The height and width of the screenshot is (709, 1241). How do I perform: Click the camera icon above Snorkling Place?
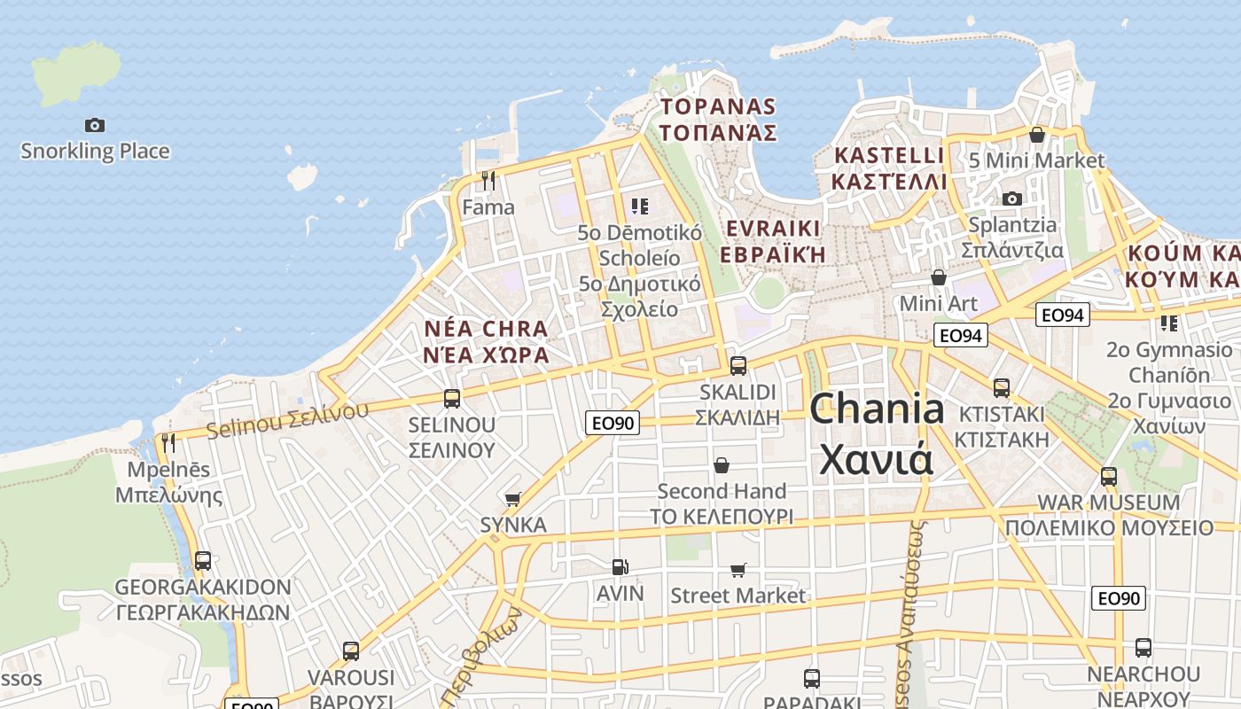(95, 125)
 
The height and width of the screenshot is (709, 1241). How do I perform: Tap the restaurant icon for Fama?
(488, 181)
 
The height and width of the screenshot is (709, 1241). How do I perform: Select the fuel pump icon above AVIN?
(620, 566)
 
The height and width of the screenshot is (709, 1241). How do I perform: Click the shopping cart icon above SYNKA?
(512, 499)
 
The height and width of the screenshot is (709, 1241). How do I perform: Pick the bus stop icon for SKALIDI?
(738, 365)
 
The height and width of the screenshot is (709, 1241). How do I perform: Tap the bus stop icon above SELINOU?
(452, 398)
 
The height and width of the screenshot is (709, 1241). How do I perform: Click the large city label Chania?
(877, 409)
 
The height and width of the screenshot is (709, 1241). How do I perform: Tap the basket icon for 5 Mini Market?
(1036, 135)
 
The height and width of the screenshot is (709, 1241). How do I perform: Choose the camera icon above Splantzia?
(1012, 199)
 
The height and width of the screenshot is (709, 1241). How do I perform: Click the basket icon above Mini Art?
(939, 278)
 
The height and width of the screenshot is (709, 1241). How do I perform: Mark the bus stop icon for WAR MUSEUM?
(1108, 477)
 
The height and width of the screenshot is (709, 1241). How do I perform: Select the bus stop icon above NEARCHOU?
(1143, 648)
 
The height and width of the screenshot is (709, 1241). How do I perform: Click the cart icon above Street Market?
(738, 570)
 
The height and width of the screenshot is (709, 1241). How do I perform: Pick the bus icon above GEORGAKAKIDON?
(203, 561)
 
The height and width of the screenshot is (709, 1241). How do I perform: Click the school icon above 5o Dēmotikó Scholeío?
(639, 207)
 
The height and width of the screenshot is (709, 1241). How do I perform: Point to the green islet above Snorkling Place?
(78, 71)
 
